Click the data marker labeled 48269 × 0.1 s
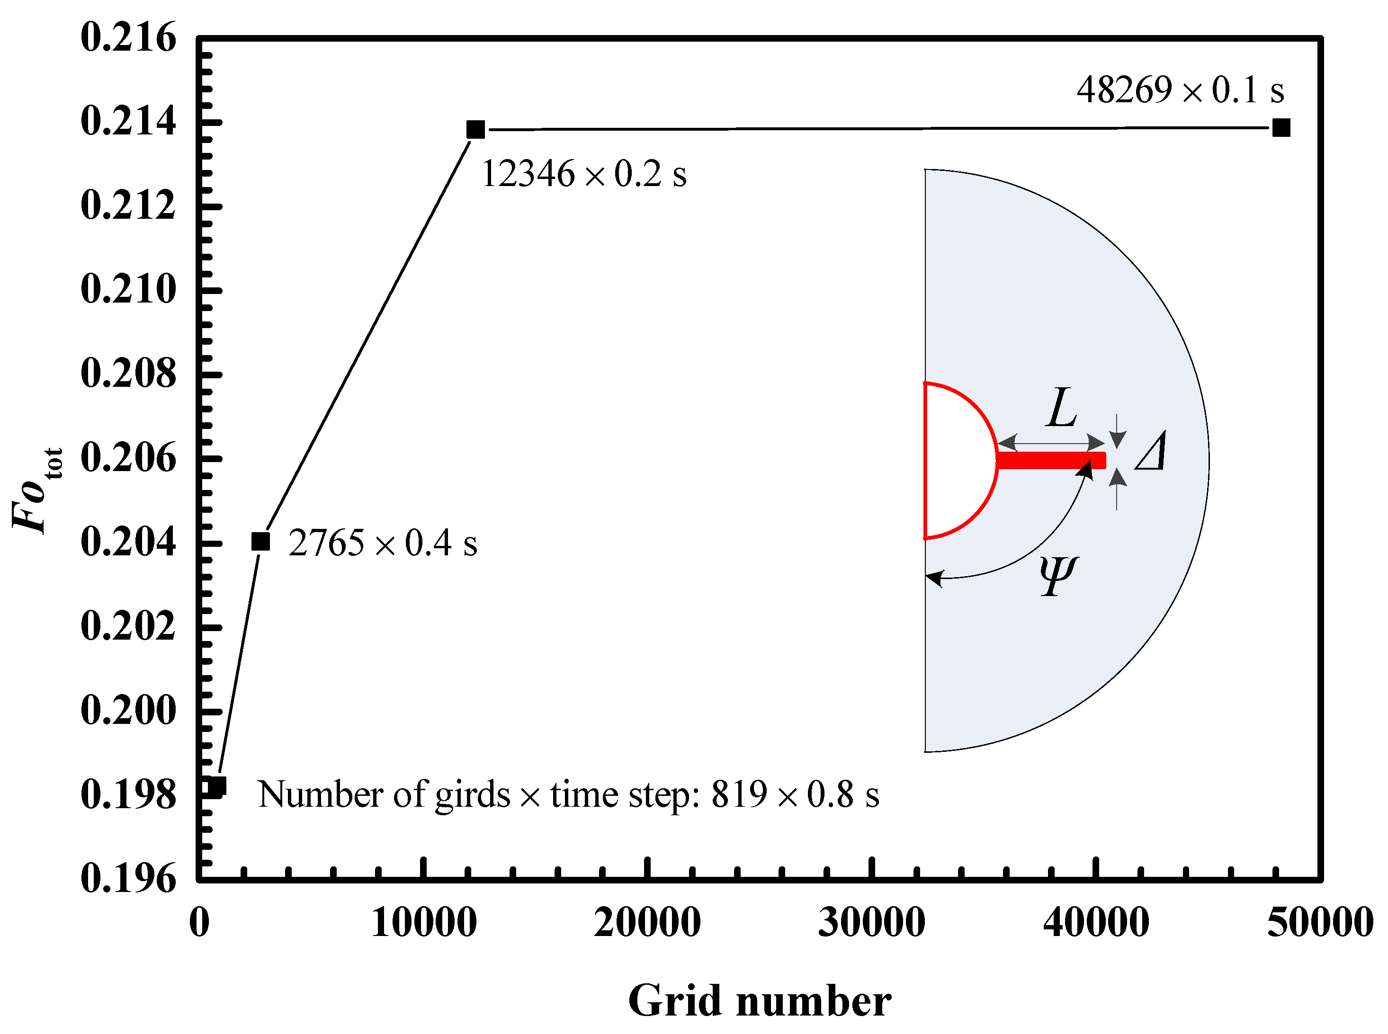pyautogui.click(x=1281, y=128)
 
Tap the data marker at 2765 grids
pyautogui.click(x=260, y=542)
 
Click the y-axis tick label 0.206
pyautogui.click(x=128, y=458)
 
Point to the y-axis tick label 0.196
pyautogui.click(x=128, y=878)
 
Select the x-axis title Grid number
pyautogui.click(x=760, y=1001)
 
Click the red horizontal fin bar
pyautogui.click(x=1051, y=460)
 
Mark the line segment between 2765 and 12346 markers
pyautogui.click(x=368, y=336)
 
